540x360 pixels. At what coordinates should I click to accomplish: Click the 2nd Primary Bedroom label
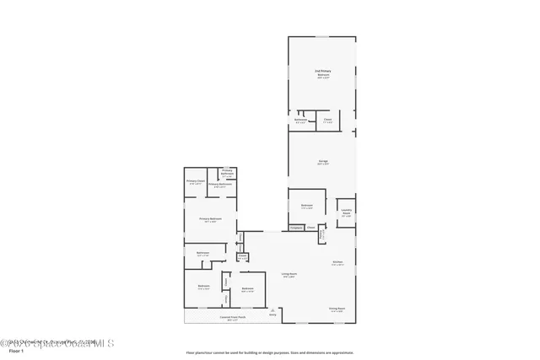pos(322,73)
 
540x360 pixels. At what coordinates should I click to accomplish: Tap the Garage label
pos(322,161)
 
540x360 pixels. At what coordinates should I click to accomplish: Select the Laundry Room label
pos(346,212)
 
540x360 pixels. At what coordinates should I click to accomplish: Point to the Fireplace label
pos(295,227)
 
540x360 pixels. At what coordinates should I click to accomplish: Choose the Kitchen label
pos(337,262)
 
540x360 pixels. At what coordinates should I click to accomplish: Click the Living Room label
pos(289,274)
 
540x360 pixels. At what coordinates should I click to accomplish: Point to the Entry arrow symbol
pos(273,311)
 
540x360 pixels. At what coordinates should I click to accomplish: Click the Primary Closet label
pos(196,181)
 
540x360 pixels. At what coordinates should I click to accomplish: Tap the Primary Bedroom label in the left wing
pos(210,219)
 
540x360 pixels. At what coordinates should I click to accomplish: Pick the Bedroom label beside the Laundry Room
pos(306,206)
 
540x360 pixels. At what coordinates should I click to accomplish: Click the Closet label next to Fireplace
pos(310,227)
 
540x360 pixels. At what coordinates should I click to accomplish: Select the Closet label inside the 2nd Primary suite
pos(327,121)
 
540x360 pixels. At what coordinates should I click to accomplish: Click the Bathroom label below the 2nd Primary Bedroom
pos(301,121)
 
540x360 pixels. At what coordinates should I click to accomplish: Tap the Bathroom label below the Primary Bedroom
pos(203,253)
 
